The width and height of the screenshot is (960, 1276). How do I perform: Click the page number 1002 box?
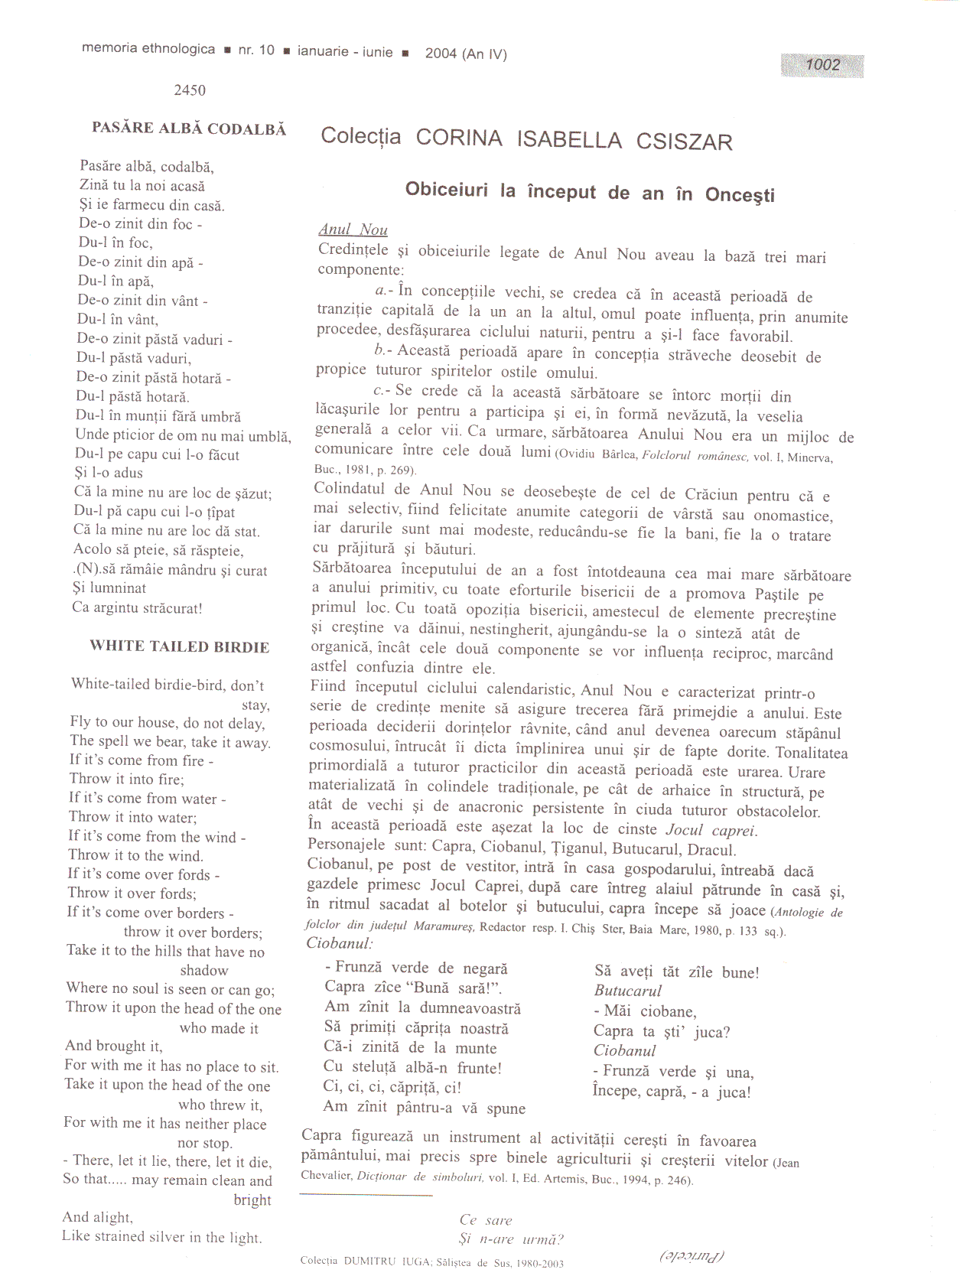pos(822,66)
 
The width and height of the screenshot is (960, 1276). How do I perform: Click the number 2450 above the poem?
pos(190,90)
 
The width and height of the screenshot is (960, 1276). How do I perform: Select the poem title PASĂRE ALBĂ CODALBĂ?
pos(189,129)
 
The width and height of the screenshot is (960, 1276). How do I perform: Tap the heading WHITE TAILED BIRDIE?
pos(180,646)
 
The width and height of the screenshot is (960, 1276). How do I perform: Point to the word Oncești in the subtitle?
pos(740,195)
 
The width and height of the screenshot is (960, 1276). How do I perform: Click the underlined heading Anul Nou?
pos(353,229)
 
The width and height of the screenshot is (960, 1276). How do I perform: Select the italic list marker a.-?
pos(385,291)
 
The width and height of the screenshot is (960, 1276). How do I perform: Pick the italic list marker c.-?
pos(382,391)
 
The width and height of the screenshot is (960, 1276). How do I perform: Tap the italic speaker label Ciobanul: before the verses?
pos(340,943)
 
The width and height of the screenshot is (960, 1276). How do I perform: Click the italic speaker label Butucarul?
pos(628,991)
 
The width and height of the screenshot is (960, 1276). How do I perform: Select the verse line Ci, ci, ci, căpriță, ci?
pos(392,1088)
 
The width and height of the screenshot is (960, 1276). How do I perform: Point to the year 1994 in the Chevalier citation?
pos(639,1180)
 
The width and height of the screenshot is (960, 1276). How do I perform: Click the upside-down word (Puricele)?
pos(692,1255)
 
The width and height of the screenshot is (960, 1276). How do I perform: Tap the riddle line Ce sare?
pos(486,1220)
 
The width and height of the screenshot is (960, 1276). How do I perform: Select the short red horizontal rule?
pos(366,1195)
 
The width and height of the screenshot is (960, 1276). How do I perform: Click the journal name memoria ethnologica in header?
pos(148,49)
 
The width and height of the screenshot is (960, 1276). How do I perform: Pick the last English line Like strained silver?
pos(161,1237)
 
